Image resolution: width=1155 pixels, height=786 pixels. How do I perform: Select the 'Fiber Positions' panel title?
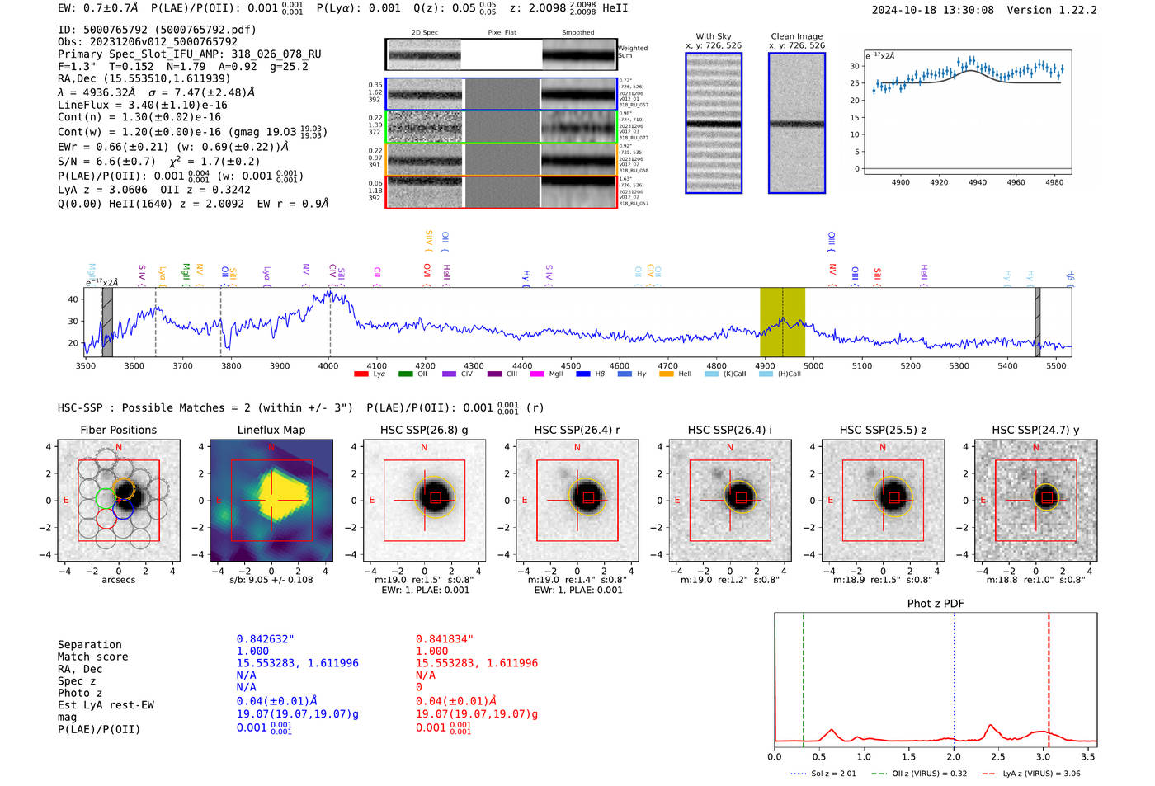[x=118, y=430]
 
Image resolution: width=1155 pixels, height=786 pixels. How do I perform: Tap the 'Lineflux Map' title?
[x=271, y=430]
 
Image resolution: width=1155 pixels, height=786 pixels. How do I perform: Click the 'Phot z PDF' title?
[x=935, y=604]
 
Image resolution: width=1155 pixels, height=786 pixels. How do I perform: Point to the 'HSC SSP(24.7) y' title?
[x=1035, y=430]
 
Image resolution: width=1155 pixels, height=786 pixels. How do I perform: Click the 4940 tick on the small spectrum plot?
[x=978, y=182]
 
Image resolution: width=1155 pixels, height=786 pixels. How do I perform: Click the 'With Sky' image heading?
[x=713, y=36]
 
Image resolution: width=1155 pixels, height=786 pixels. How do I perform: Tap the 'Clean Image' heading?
[x=796, y=36]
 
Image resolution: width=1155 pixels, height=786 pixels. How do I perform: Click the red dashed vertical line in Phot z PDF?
[x=1049, y=676]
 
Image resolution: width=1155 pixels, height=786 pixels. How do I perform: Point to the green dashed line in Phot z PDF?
[x=803, y=676]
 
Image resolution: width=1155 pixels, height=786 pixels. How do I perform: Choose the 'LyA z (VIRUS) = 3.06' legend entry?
[x=1041, y=774]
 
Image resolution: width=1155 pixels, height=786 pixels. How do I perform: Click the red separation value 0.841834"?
[x=445, y=639]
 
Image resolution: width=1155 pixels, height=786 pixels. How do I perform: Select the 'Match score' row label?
[x=92, y=657]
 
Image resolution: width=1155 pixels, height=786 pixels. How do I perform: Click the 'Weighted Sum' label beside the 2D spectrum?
[x=633, y=52]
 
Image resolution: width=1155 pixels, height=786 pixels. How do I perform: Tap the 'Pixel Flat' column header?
[x=502, y=33]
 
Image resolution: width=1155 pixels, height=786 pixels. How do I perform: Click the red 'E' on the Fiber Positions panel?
[x=67, y=500]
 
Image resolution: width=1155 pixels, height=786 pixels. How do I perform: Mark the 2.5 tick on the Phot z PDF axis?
[x=998, y=756]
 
